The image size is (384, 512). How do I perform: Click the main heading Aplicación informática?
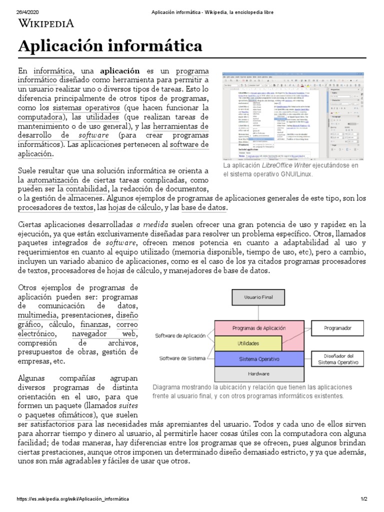pos(110,46)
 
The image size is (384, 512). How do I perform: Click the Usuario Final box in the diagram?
pos(258,297)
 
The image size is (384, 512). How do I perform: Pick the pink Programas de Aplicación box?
pos(258,328)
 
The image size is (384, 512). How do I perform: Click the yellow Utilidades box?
pos(248,344)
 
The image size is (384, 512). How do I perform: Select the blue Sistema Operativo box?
pos(258,359)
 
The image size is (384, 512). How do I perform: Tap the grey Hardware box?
pos(258,373)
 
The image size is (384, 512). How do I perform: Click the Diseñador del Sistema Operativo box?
pos(336,359)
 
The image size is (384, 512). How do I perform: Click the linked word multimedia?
pos(37,315)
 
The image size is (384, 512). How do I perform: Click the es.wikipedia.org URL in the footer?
pos(73,499)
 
